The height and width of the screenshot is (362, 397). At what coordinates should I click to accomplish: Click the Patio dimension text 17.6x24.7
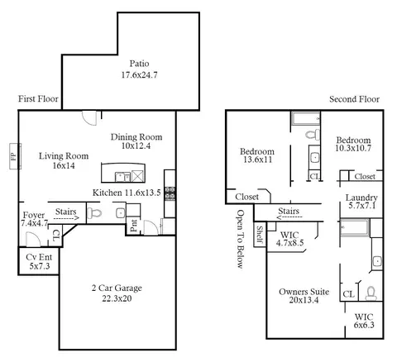(x=139, y=75)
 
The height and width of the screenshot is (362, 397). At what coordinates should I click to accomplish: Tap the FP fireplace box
(x=15, y=156)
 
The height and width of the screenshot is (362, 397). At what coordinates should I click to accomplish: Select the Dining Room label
(x=136, y=137)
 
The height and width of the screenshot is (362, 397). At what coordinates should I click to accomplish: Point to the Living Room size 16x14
(x=64, y=165)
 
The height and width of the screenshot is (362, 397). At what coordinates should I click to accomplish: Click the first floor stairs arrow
(x=66, y=218)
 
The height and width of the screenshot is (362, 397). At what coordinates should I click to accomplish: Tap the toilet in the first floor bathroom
(x=94, y=213)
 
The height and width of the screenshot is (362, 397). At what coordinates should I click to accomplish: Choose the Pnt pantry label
(x=134, y=226)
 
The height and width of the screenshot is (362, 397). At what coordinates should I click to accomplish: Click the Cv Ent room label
(x=39, y=257)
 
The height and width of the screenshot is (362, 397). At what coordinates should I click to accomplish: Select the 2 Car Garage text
(x=117, y=288)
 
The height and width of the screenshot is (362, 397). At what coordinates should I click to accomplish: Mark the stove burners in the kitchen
(x=170, y=193)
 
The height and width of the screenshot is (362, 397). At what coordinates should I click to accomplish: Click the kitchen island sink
(x=122, y=177)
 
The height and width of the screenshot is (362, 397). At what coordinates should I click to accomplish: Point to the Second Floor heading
(x=354, y=99)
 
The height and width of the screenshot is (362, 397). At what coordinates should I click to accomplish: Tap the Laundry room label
(x=361, y=198)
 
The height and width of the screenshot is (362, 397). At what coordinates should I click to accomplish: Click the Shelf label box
(x=260, y=235)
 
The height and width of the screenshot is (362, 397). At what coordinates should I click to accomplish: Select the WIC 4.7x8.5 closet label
(x=289, y=239)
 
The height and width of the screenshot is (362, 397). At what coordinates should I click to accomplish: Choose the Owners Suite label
(x=304, y=292)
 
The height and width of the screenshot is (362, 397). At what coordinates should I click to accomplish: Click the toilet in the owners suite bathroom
(x=371, y=293)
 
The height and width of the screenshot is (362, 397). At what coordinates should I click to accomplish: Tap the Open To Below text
(x=241, y=239)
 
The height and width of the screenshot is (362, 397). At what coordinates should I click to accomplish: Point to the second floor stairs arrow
(x=289, y=217)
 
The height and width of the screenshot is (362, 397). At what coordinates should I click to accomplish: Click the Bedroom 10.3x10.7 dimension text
(x=353, y=148)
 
